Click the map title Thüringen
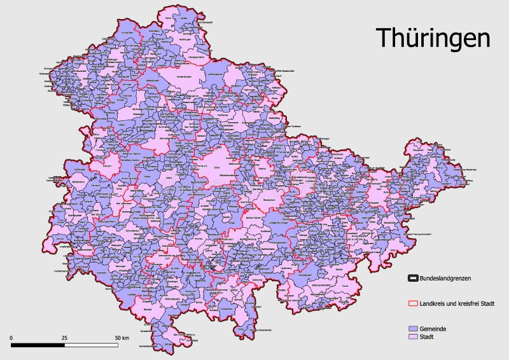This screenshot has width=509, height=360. [x=433, y=38]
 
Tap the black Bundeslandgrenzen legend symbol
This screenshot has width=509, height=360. [x=412, y=278]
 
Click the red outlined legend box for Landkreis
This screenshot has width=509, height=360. [x=412, y=303]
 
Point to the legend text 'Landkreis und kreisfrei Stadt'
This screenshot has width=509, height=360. [x=457, y=303]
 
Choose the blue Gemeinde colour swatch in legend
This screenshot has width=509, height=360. [x=412, y=328]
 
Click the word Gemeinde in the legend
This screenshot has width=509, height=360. [x=433, y=328]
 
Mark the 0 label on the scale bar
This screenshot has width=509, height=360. [x=11, y=336]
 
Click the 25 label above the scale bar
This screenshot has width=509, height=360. [x=64, y=336]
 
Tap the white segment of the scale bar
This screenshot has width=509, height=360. [x=91, y=345]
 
